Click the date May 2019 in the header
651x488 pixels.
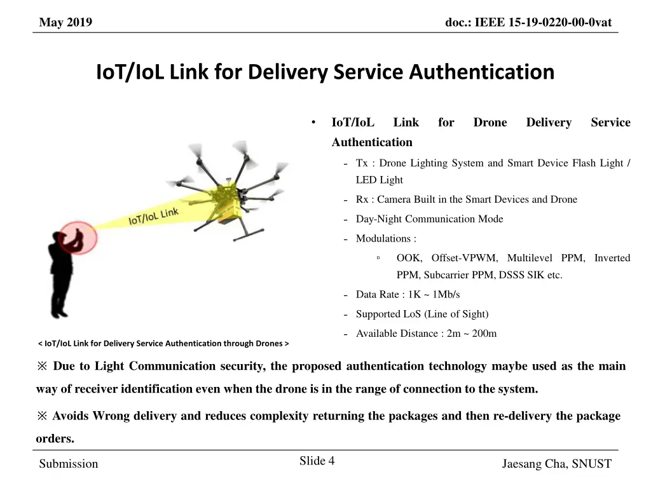coord(65,23)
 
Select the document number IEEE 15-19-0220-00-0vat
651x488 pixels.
coord(528,23)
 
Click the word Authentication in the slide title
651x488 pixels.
coord(481,72)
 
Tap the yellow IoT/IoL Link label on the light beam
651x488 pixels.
coord(153,216)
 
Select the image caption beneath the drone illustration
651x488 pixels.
coord(163,344)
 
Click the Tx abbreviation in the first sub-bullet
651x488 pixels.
coord(362,163)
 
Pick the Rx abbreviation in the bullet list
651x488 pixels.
coord(362,200)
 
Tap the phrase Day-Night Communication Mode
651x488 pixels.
coord(429,219)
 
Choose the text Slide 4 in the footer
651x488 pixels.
coord(317,461)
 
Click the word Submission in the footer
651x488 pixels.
coord(69,464)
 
